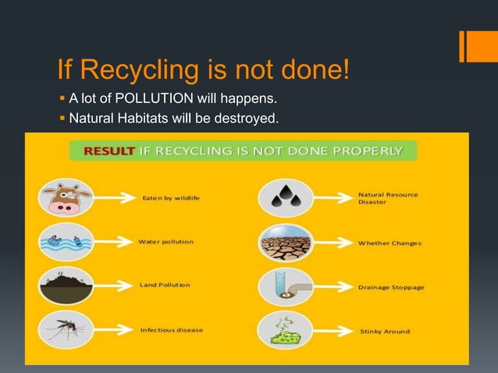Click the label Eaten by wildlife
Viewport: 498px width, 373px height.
pos(169,197)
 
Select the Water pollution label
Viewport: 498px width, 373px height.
pos(165,241)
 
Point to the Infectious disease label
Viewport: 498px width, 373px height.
pos(171,329)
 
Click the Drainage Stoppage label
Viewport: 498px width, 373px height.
pos(391,287)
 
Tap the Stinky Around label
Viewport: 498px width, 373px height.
pos(384,331)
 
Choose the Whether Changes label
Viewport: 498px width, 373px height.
pos(390,243)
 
